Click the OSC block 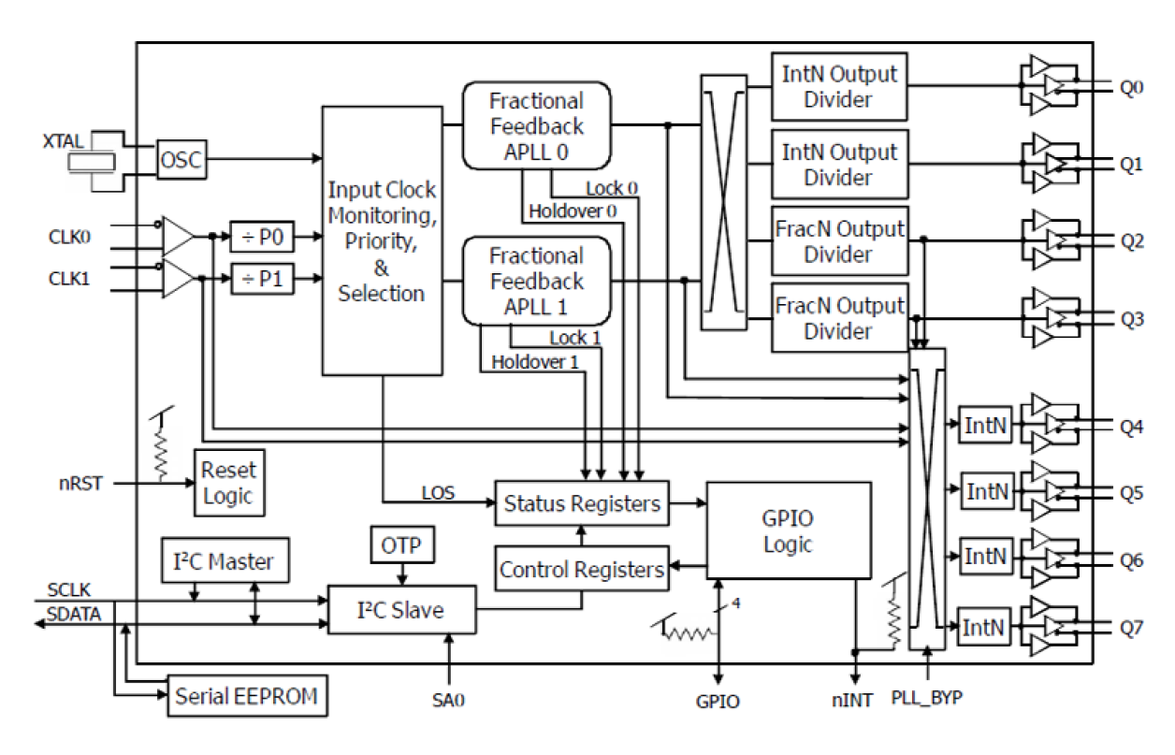181,160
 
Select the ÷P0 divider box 263,239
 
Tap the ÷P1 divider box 263,279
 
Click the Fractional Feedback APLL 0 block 536,125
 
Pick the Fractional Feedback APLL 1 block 536,281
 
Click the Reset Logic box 228,482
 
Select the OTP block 402,544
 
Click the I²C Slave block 401,610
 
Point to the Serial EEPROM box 247,696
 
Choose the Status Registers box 582,504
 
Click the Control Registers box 582,569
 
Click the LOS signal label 438,492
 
